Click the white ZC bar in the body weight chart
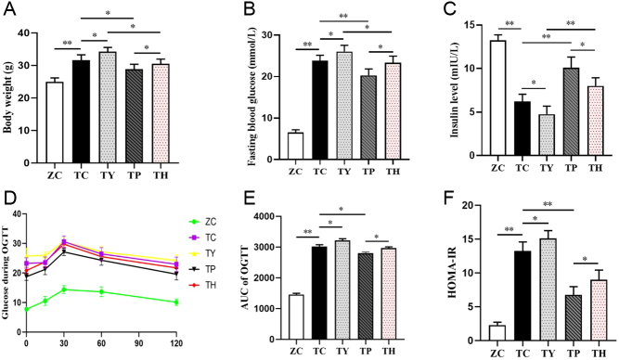[55, 122]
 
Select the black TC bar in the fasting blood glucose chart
[320, 110]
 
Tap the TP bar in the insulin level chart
[571, 111]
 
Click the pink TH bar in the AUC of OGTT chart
[389, 294]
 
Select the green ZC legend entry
[202, 222]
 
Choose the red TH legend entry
[202, 285]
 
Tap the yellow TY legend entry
[202, 253]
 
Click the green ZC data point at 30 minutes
[64, 289]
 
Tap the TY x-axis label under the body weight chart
[107, 175]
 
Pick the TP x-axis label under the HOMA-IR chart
[571, 354]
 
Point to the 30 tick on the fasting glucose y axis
[267, 35]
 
